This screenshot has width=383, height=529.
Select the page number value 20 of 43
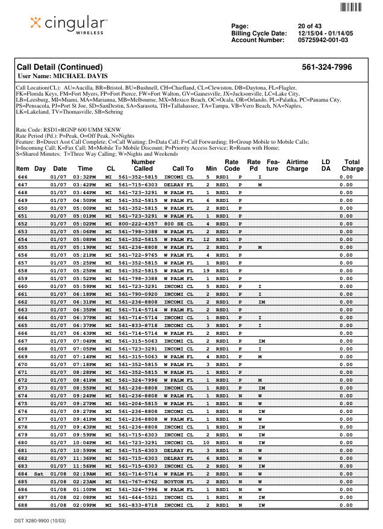tap(310, 26)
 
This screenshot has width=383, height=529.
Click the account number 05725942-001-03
tap(323, 40)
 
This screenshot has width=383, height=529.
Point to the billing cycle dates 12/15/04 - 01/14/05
tap(325, 33)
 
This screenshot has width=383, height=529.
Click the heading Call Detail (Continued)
tap(60, 67)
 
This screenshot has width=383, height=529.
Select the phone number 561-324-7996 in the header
tap(326, 67)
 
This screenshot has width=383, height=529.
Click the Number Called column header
tap(143, 165)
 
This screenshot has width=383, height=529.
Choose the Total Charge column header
tap(352, 165)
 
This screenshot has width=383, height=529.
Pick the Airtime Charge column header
tap(297, 165)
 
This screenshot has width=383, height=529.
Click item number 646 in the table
tap(23, 177)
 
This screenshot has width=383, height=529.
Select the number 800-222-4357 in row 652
tap(138, 223)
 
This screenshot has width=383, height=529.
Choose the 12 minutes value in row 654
tap(207, 239)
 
